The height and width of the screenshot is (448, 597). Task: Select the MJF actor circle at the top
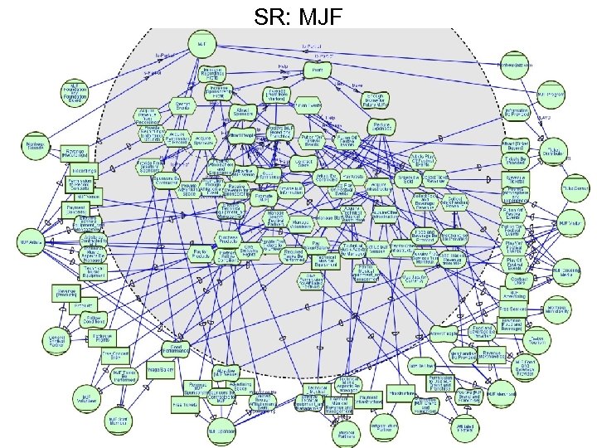pos(201,42)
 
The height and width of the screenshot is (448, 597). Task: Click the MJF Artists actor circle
pos(32,242)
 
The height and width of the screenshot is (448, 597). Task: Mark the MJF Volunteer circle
pos(85,395)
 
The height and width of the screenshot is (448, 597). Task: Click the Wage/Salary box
pos(159,368)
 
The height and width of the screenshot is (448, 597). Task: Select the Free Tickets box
pos(183,406)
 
